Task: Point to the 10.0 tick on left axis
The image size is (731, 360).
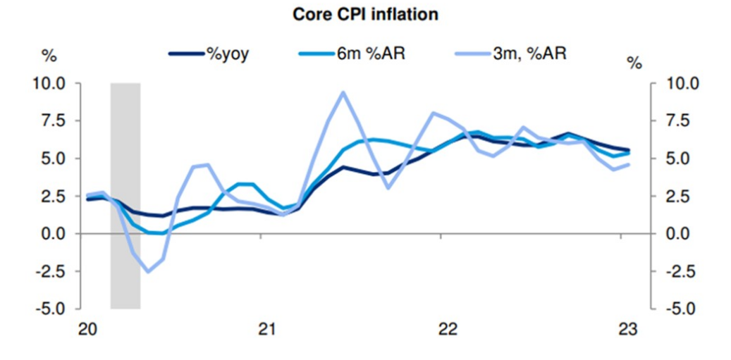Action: pyautogui.click(x=49, y=83)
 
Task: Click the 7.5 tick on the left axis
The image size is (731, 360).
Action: pyautogui.click(x=53, y=121)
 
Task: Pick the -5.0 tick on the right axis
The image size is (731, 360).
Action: pyautogui.click(x=680, y=309)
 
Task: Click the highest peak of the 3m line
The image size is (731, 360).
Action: pyautogui.click(x=343, y=92)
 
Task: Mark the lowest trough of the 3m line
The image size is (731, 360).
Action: pyautogui.click(x=148, y=271)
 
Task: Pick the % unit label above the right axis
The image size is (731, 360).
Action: pyautogui.click(x=634, y=63)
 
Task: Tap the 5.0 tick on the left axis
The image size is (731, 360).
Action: pyautogui.click(x=53, y=159)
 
